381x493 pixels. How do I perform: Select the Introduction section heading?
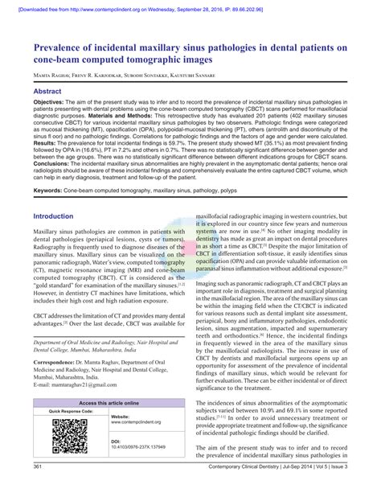click(x=58, y=217)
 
